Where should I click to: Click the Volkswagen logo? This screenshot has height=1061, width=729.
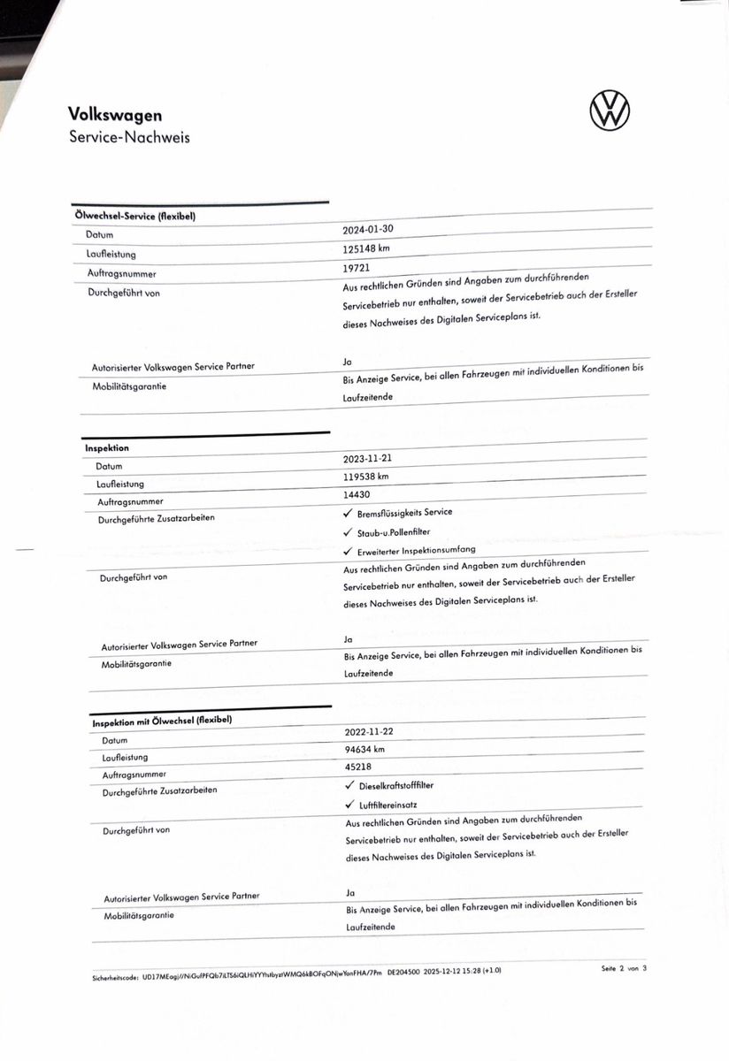pos(610,111)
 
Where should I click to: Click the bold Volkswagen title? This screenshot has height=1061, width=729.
pos(115,115)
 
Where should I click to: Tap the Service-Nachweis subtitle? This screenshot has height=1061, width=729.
pos(129,137)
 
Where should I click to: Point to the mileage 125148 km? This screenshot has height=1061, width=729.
pos(366,248)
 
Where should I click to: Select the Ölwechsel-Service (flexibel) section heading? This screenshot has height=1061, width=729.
pos(134,218)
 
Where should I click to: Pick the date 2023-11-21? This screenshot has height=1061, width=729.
pos(369,460)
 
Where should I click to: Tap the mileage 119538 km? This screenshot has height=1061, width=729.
pos(366,477)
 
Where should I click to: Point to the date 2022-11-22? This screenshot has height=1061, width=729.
pos(371,733)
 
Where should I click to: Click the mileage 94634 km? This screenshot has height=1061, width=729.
pos(365,750)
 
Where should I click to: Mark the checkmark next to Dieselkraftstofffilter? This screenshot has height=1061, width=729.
pos(350,786)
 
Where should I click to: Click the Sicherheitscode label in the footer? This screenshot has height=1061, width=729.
pos(116,979)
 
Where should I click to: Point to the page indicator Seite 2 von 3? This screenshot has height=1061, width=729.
pos(625,969)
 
